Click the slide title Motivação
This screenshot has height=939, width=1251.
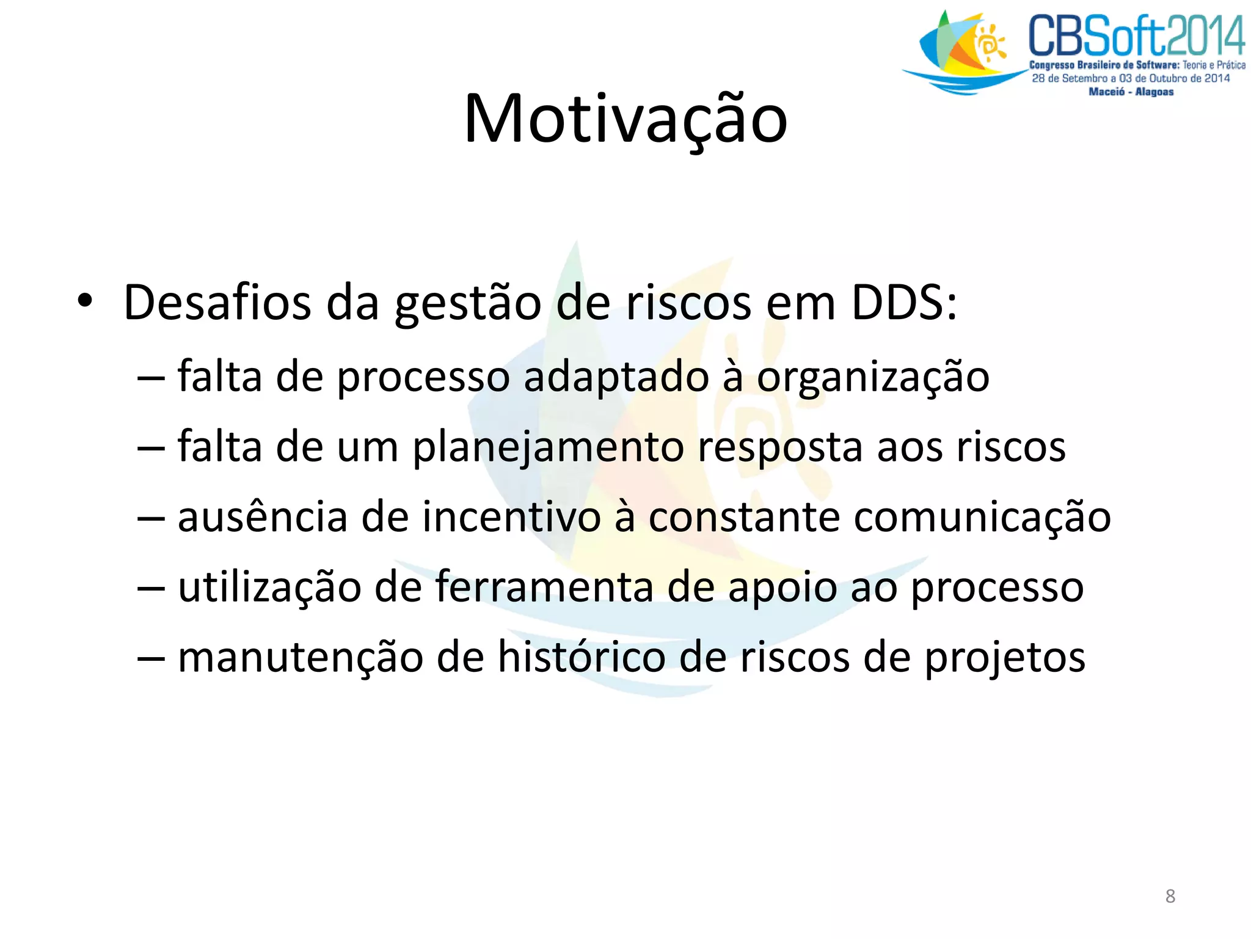coord(625,119)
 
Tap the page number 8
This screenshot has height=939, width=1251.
coord(1170,896)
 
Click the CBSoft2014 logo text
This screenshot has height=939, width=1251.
coord(1137,37)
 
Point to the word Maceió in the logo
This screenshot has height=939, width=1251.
coord(1106,92)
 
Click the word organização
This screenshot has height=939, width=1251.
coord(873,378)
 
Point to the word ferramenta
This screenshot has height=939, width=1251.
coord(544,587)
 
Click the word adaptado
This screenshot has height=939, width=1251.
coord(616,378)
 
